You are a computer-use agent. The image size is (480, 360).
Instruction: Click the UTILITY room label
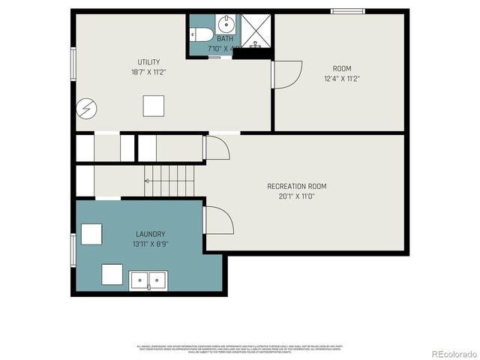(148, 62)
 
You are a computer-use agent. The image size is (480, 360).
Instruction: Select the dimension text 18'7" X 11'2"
(148, 73)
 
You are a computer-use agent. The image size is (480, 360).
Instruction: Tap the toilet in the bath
(199, 34)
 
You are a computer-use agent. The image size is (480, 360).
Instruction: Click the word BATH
(224, 39)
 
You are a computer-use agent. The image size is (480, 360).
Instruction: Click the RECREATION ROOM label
(296, 186)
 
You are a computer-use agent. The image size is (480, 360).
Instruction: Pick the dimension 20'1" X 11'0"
(296, 196)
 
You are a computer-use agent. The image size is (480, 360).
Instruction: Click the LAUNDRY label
(150, 234)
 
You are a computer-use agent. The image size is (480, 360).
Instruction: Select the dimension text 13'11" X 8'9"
(150, 244)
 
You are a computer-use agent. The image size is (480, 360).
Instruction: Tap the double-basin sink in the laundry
(148, 280)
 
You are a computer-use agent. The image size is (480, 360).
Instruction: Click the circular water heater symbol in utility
(84, 109)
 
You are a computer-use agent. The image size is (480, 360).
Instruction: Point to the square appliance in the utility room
(154, 106)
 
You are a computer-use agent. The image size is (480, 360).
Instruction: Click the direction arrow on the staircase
(148, 181)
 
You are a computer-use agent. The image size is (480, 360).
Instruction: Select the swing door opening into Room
(285, 74)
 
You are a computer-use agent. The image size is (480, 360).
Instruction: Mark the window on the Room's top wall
(348, 10)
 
